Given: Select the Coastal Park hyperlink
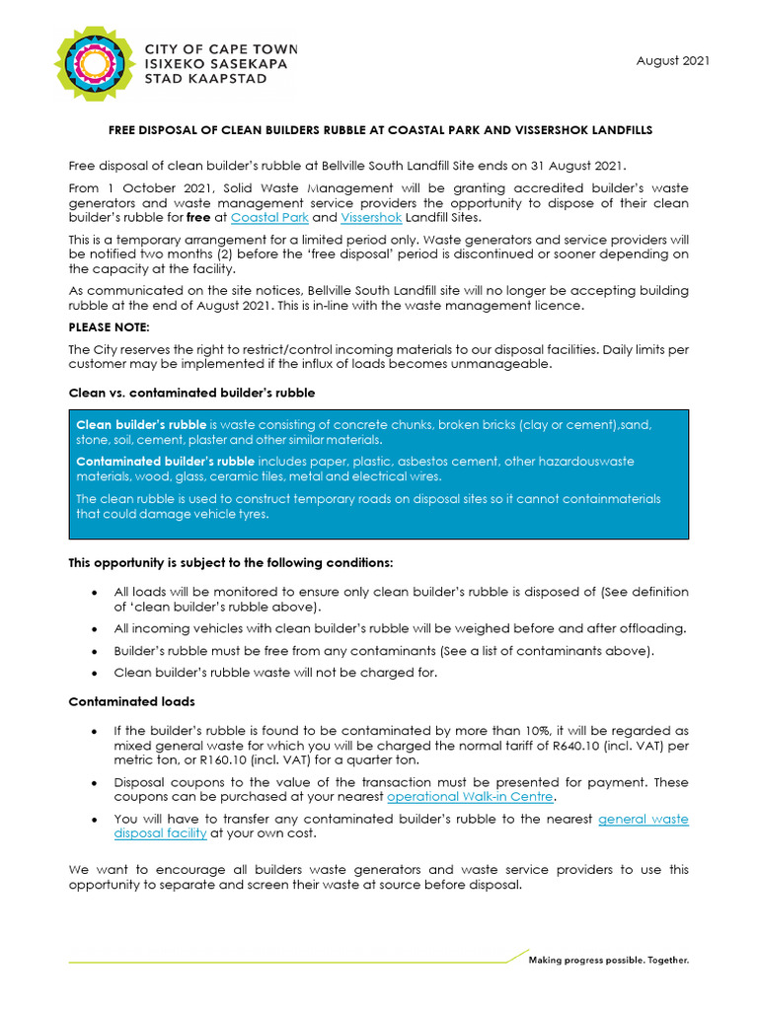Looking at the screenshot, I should [269, 217].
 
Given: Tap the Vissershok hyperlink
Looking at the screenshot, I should [371, 217].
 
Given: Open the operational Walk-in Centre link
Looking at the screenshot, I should [470, 796].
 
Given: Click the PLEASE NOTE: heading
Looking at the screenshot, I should [109, 326].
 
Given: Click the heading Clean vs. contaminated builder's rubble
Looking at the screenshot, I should [191, 393].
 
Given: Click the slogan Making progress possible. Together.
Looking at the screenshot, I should [609, 960].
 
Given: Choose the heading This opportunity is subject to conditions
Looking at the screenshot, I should [230, 563].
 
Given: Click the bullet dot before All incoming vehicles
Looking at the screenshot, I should [93, 629].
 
